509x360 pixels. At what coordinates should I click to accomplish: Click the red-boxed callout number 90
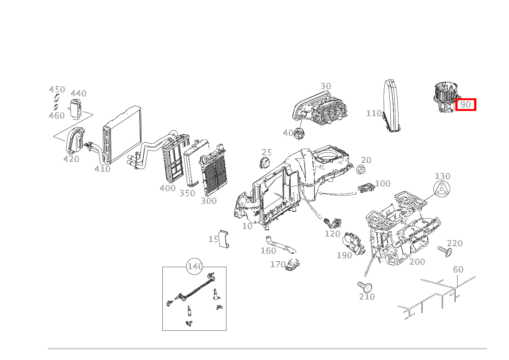[466, 104]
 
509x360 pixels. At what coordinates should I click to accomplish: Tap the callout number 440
[78, 93]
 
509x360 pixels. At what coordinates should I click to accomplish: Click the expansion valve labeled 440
[75, 108]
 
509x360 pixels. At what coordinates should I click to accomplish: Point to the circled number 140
[195, 266]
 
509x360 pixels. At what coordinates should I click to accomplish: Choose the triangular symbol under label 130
[442, 190]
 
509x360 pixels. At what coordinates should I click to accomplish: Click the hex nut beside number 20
[360, 169]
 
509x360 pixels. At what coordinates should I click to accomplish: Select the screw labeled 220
[445, 251]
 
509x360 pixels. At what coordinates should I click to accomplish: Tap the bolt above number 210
[365, 286]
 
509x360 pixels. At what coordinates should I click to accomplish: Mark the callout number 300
[209, 201]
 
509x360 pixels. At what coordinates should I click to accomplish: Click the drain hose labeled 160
[279, 245]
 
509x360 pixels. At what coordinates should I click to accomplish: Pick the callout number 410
[102, 169]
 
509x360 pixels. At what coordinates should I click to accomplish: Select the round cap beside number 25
[264, 163]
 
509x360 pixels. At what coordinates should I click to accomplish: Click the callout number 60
[458, 269]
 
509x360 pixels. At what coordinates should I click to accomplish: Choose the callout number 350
[187, 193]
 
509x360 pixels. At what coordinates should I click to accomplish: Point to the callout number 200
[417, 262]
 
